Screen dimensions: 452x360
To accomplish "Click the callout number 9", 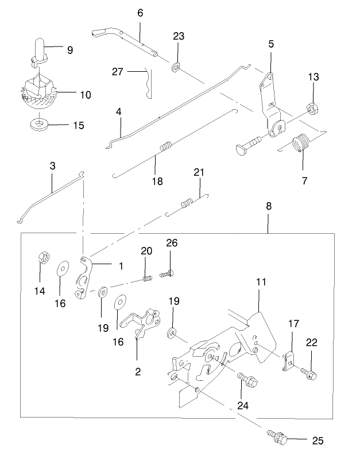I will point(70,50).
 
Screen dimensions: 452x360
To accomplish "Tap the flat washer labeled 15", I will point(38,123).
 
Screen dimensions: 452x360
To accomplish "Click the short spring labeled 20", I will point(148,279).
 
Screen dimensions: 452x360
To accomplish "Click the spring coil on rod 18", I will point(165,148).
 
